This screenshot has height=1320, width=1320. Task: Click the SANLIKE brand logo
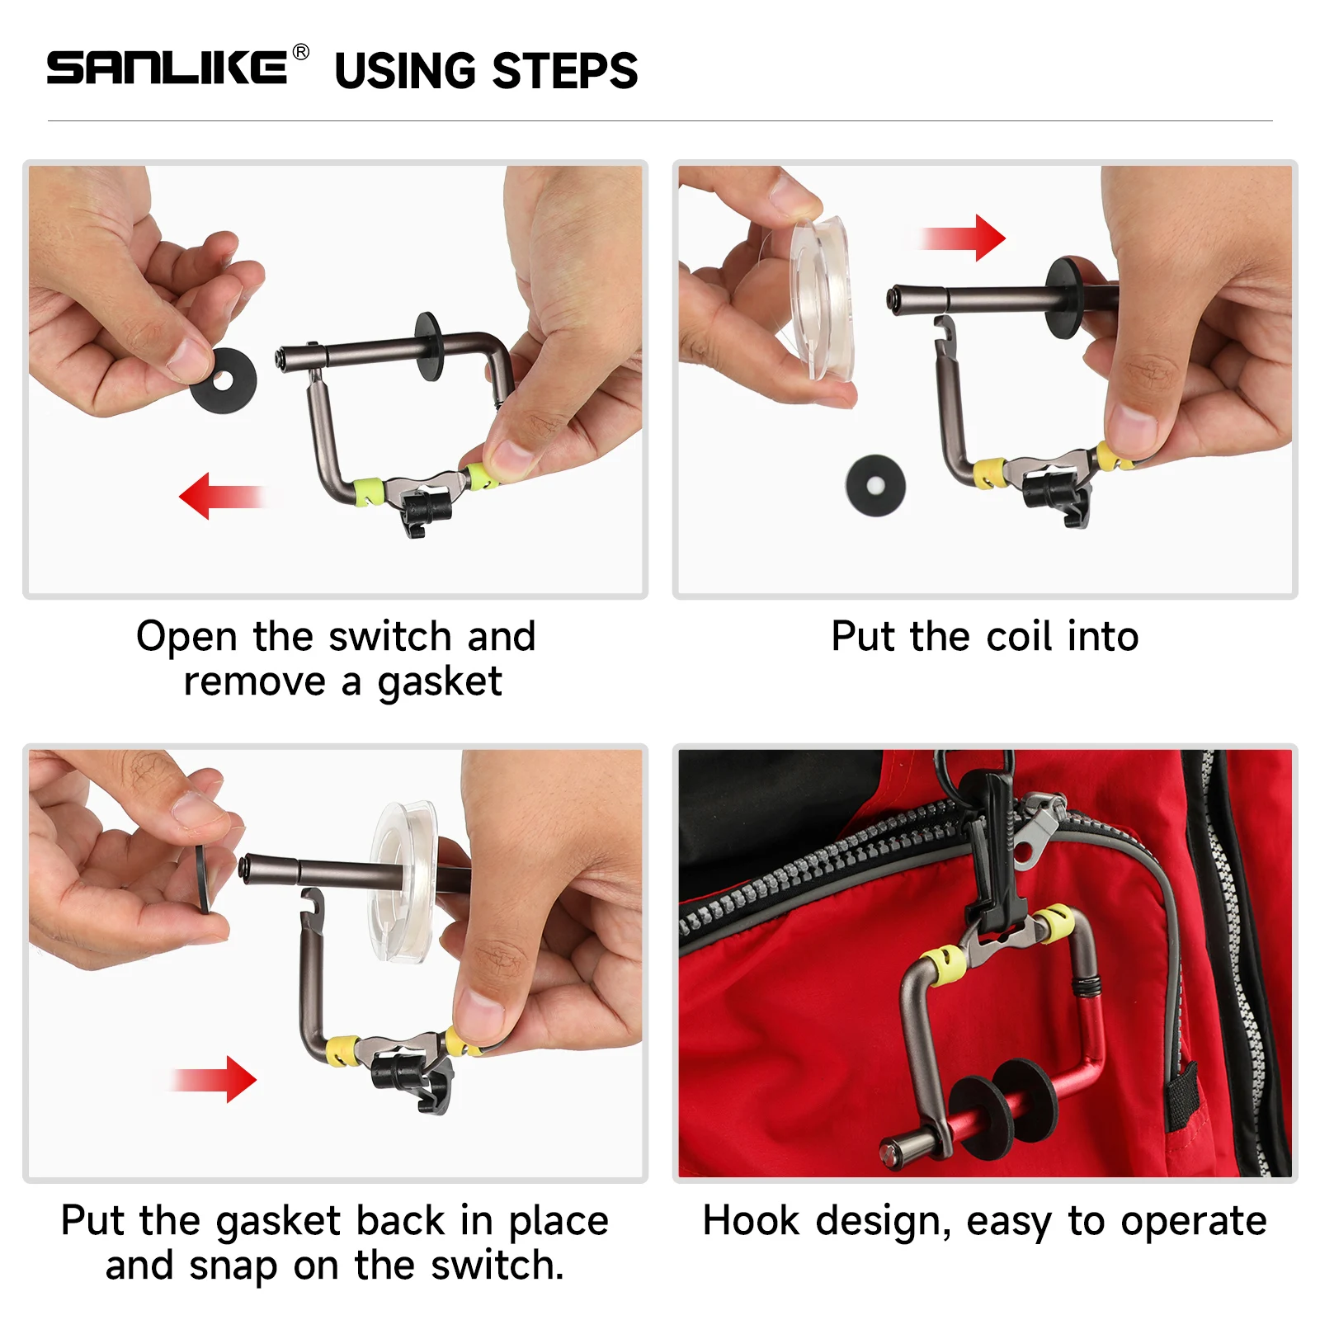click(x=167, y=67)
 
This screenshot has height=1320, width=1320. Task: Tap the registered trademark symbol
click(x=301, y=52)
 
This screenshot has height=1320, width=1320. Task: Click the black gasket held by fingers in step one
click(x=224, y=380)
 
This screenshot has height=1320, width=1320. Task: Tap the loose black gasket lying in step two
click(x=875, y=485)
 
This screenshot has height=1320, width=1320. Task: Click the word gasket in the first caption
click(x=439, y=682)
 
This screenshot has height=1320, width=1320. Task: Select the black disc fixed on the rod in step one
click(x=429, y=346)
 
